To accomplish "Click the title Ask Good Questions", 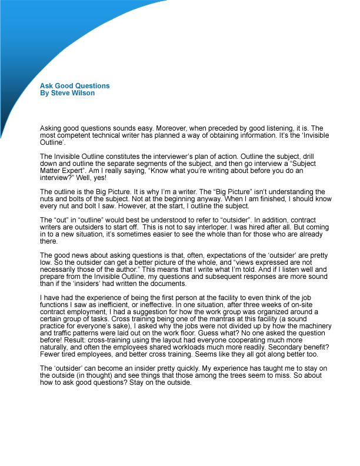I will (75, 86).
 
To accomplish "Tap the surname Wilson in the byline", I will (82, 93).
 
